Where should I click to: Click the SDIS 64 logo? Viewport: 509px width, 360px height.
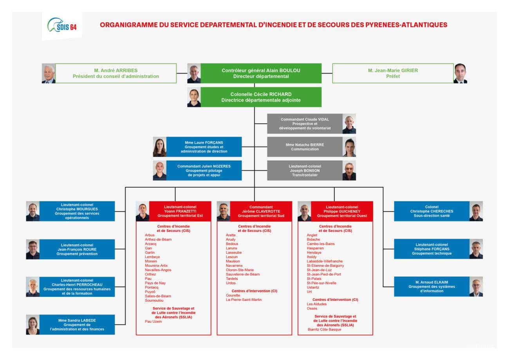(62, 26)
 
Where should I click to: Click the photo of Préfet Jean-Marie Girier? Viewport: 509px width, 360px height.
(460, 73)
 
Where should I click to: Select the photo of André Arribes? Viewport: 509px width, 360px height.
(49, 73)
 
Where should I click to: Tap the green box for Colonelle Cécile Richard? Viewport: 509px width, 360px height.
(261, 97)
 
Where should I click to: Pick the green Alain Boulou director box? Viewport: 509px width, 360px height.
(261, 73)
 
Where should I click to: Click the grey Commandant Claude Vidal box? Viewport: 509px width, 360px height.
(305, 124)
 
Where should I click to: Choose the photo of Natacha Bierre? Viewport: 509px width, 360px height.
(349, 147)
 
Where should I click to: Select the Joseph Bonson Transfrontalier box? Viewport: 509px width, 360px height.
(305, 170)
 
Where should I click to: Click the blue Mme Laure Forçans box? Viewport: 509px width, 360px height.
(204, 147)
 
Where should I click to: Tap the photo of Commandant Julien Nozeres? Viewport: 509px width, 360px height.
(159, 170)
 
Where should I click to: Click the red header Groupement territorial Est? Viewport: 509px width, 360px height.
(180, 211)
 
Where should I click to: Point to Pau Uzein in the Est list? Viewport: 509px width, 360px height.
(153, 322)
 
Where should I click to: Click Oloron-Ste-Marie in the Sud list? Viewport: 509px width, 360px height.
(240, 270)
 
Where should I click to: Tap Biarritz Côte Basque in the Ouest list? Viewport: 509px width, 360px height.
(324, 329)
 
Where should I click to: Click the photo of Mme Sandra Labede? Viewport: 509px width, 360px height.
(33, 325)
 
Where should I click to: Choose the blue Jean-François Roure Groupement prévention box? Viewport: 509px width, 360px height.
(77, 249)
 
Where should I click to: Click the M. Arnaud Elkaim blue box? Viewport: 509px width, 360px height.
(431, 287)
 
